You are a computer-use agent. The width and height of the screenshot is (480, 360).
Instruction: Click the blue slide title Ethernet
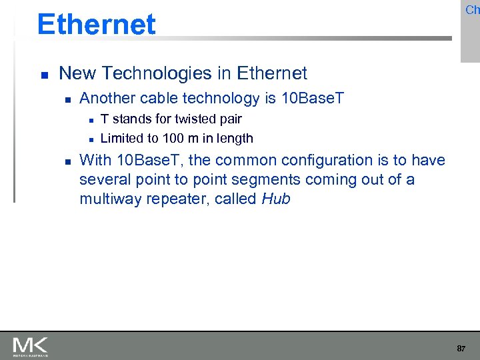[x=97, y=25]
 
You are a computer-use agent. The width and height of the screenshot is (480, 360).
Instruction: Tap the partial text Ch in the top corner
[x=472, y=10]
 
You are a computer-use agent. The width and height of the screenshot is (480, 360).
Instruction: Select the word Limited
[x=121, y=139]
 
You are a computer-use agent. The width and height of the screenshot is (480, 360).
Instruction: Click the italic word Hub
[x=276, y=199]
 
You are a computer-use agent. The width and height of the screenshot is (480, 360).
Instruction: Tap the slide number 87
[x=461, y=349]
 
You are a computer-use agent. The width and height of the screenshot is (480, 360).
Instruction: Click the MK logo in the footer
[x=30, y=346]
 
